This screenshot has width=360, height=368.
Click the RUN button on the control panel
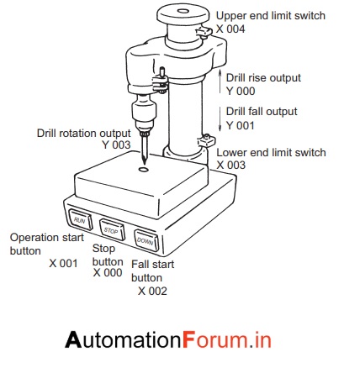click(79, 218)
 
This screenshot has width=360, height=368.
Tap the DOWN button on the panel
click(144, 239)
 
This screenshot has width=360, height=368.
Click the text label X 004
click(231, 29)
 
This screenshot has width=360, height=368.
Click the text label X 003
click(232, 166)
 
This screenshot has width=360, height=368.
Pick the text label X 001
click(63, 263)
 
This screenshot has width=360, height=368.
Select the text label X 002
click(152, 292)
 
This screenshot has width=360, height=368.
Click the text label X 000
click(108, 272)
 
